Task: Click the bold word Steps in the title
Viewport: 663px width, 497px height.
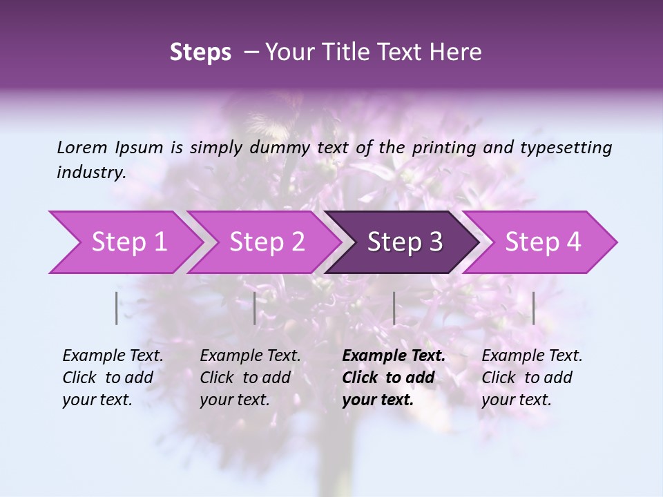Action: (200, 52)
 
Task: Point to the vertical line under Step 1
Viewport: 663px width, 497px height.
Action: (117, 308)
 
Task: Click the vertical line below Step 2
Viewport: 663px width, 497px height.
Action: (255, 308)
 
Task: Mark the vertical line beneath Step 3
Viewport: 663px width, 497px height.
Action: (394, 308)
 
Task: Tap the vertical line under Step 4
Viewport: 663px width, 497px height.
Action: (534, 308)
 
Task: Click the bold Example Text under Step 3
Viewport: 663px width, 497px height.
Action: (394, 378)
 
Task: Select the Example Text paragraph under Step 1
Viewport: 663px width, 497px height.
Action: (113, 378)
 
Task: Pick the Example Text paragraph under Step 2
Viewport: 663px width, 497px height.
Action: (250, 378)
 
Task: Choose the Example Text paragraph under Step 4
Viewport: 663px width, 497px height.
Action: (532, 378)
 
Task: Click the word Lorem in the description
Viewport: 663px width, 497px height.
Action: (82, 147)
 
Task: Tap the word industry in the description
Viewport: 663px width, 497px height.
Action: (90, 172)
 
